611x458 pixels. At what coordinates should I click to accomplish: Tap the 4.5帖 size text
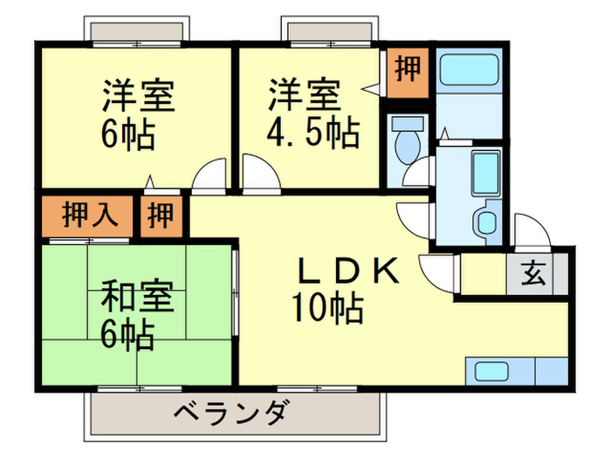click(x=312, y=133)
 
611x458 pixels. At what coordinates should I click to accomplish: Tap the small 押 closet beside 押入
click(x=159, y=215)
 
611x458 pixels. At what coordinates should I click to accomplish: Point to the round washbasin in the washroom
click(x=487, y=222)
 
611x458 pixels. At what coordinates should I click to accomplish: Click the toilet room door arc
click(x=417, y=173)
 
